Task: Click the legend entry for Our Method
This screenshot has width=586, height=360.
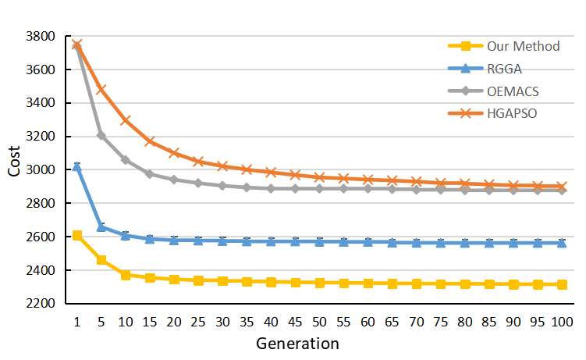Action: point(523,46)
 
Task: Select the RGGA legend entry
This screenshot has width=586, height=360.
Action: point(506,69)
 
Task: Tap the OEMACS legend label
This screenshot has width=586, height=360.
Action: point(513,91)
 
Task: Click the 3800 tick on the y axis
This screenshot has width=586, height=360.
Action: point(40,36)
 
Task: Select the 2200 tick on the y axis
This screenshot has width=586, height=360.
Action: point(40,304)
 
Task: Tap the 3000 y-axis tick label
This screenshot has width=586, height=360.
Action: point(40,170)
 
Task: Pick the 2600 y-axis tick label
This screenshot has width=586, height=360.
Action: point(40,237)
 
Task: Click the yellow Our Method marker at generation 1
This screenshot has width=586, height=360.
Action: point(77,235)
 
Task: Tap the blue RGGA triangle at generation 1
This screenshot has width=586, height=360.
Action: point(77,166)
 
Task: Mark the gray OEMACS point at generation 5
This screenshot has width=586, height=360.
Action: point(101,135)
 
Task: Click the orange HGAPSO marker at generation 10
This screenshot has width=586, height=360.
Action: point(126,120)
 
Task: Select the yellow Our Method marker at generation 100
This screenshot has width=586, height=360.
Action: point(559,284)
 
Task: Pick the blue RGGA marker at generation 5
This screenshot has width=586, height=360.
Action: point(101,226)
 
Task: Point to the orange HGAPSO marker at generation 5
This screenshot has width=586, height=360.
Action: point(101,90)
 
